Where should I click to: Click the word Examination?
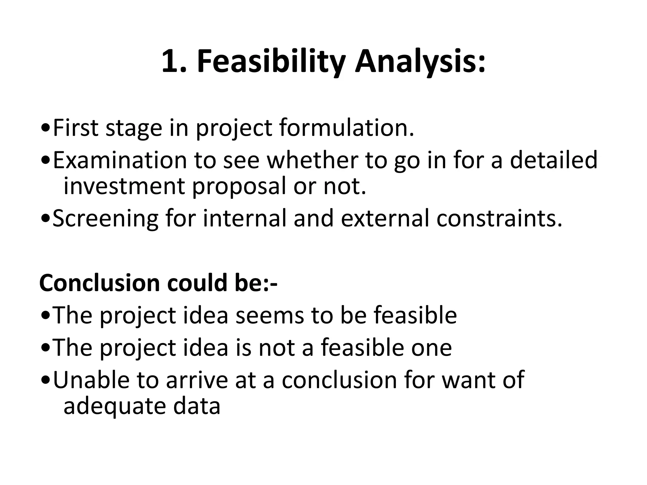click(120, 160)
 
